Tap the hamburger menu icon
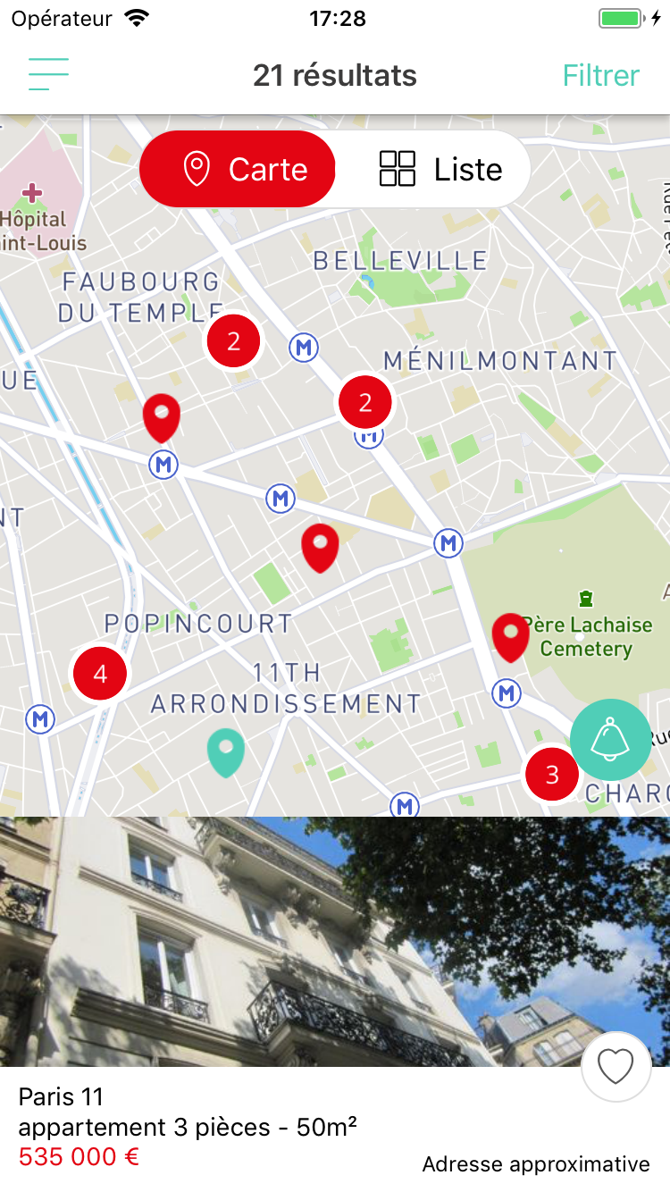point(48,75)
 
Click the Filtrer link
point(600,76)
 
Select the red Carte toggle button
point(238,169)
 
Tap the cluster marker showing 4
point(100,674)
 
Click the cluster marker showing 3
point(552,774)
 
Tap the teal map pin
point(225,751)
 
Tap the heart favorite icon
point(616,1066)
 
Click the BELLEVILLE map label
point(400,261)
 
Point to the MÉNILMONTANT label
point(500,361)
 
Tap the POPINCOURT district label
point(198,624)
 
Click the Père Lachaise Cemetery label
point(587,636)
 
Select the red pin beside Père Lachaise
point(511,635)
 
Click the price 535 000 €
point(80,1157)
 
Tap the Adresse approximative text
point(536,1164)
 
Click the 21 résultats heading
point(335,76)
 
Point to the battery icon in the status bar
point(621,19)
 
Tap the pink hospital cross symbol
point(32,192)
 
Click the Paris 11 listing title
point(61,1096)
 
